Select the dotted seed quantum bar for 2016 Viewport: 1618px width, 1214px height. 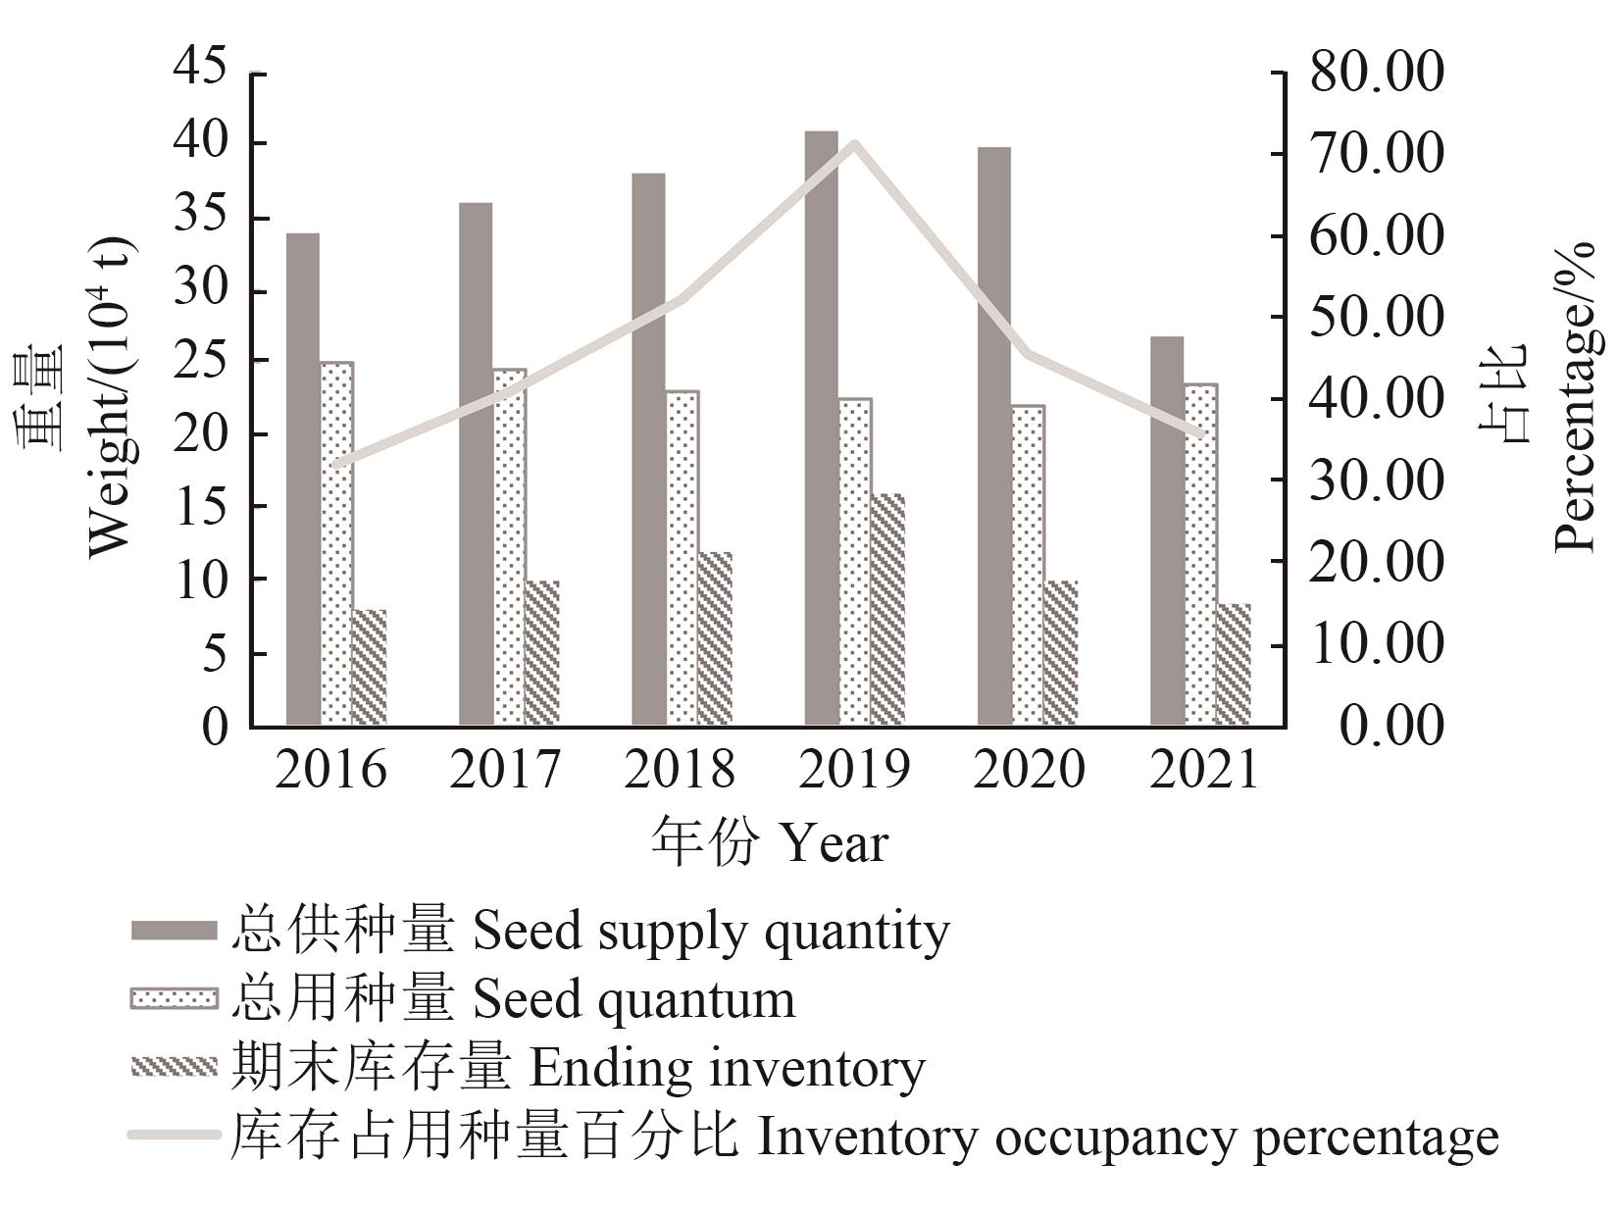pos(336,543)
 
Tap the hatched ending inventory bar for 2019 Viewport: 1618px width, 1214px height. pos(887,609)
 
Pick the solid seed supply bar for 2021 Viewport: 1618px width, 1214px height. pos(1167,531)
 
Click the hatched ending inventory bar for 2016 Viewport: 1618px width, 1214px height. pos(369,667)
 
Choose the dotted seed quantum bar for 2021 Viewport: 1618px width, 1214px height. pos(1200,554)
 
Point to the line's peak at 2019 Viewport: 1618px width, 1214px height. pos(854,144)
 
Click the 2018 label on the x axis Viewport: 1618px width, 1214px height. pos(680,771)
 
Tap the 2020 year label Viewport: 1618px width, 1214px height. pos(1029,771)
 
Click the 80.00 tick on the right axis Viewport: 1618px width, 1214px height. pos(1377,73)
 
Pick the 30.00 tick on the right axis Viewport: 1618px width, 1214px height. pos(1377,481)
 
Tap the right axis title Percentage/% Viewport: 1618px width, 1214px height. pos(1575,392)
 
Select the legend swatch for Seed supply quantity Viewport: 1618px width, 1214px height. pos(174,931)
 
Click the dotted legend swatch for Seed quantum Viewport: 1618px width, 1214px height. pos(174,999)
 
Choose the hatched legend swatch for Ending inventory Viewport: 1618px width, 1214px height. pos(174,1067)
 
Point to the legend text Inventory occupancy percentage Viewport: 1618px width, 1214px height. pos(1128,1138)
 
